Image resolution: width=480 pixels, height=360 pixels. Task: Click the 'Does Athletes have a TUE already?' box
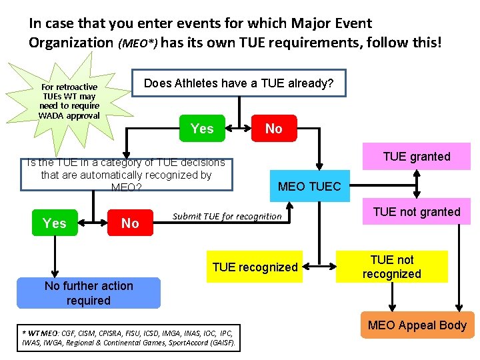tap(239, 83)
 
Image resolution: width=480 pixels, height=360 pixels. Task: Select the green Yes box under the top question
tap(202, 128)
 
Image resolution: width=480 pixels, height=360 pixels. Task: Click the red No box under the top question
tap(273, 128)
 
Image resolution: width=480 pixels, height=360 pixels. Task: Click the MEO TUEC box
tap(309, 186)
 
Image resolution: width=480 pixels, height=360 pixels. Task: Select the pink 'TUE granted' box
tap(417, 157)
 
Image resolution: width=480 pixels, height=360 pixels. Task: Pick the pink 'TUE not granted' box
tap(417, 212)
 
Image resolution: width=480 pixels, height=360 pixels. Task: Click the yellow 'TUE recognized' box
tap(255, 267)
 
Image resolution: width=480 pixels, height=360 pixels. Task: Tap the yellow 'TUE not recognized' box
tap(391, 267)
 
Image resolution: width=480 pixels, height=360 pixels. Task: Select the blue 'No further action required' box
tap(89, 293)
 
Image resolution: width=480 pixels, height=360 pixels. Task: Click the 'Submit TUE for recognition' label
tap(227, 216)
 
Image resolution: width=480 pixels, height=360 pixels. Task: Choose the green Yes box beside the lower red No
tap(54, 223)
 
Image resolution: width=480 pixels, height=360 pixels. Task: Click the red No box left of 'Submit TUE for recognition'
tap(130, 223)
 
